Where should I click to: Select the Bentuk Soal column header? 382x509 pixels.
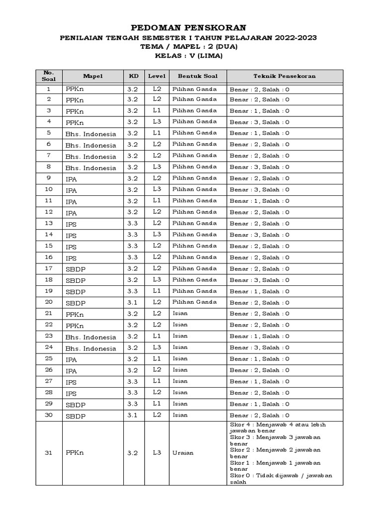pos(197,77)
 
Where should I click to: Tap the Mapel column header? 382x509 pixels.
pos(92,77)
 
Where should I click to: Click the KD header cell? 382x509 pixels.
pos(134,77)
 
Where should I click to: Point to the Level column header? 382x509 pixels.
pos(156,77)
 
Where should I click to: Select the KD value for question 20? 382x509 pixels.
pos(132,303)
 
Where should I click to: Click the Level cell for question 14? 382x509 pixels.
pos(157,235)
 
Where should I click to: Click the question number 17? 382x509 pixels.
pos(49,269)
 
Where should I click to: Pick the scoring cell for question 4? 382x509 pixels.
pos(259,122)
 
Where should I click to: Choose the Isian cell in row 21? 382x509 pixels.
pos(180,314)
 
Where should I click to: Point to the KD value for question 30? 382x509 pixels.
pos(132,416)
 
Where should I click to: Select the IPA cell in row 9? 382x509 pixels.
pos(72,179)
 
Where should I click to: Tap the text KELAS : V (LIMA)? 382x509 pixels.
pos(188,56)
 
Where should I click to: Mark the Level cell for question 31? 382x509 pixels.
pos(157,453)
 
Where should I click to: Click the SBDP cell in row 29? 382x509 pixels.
pos(75,405)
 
